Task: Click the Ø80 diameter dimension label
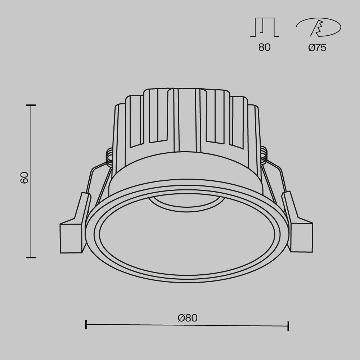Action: click(x=188, y=318)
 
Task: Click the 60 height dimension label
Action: click(x=24, y=178)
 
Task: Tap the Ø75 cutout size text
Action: click(x=317, y=48)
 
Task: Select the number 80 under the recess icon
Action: click(x=264, y=48)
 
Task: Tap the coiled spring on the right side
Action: click(x=264, y=154)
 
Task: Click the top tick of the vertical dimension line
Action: click(x=31, y=105)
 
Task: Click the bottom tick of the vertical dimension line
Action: click(x=31, y=257)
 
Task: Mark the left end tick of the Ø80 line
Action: click(x=86, y=324)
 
